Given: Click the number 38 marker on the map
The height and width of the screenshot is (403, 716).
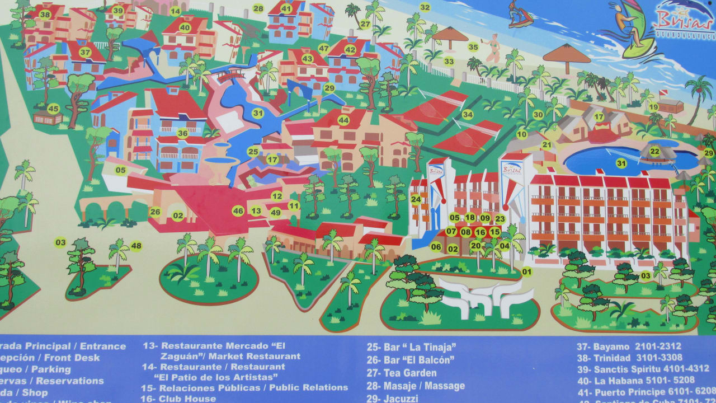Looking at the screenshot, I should (x=45, y=15).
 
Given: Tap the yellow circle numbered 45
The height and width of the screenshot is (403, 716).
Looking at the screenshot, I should (x=53, y=109).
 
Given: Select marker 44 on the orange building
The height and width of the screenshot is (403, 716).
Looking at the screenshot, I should (x=343, y=120).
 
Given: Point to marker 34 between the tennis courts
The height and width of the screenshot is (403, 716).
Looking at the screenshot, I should (x=467, y=115).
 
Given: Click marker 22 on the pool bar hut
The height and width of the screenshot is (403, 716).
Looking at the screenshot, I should (x=654, y=151).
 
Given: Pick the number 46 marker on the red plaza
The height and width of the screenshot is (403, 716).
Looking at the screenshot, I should (x=238, y=211).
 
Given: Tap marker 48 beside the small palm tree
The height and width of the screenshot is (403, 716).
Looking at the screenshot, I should (x=136, y=246).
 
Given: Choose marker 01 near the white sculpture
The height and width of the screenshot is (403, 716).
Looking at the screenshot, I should (x=526, y=273).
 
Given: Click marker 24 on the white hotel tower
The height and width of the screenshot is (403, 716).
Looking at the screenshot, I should (x=416, y=199).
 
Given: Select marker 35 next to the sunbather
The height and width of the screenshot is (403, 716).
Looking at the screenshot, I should (x=473, y=47).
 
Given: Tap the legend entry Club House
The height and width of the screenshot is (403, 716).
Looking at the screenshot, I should (x=186, y=399).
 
